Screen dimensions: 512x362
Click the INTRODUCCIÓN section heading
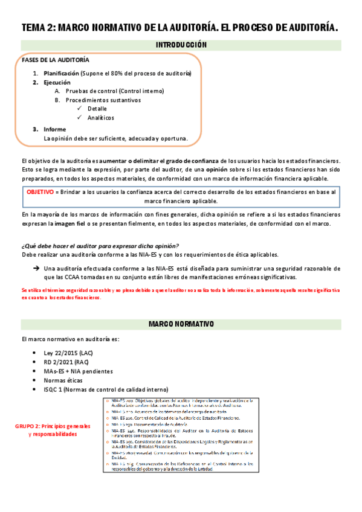pyautogui.click(x=181, y=45)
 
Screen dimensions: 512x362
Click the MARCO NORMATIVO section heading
pyautogui.click(x=181, y=324)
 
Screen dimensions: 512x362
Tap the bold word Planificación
pyautogui.click(x=61, y=73)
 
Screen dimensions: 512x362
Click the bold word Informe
pyautogui.click(x=54, y=129)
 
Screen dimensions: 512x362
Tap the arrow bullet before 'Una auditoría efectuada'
pyautogui.click(x=36, y=268)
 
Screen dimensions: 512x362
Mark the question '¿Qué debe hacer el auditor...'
pyautogui.click(x=100, y=245)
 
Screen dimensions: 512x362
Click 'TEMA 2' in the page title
pyautogui.click(x=37, y=28)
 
